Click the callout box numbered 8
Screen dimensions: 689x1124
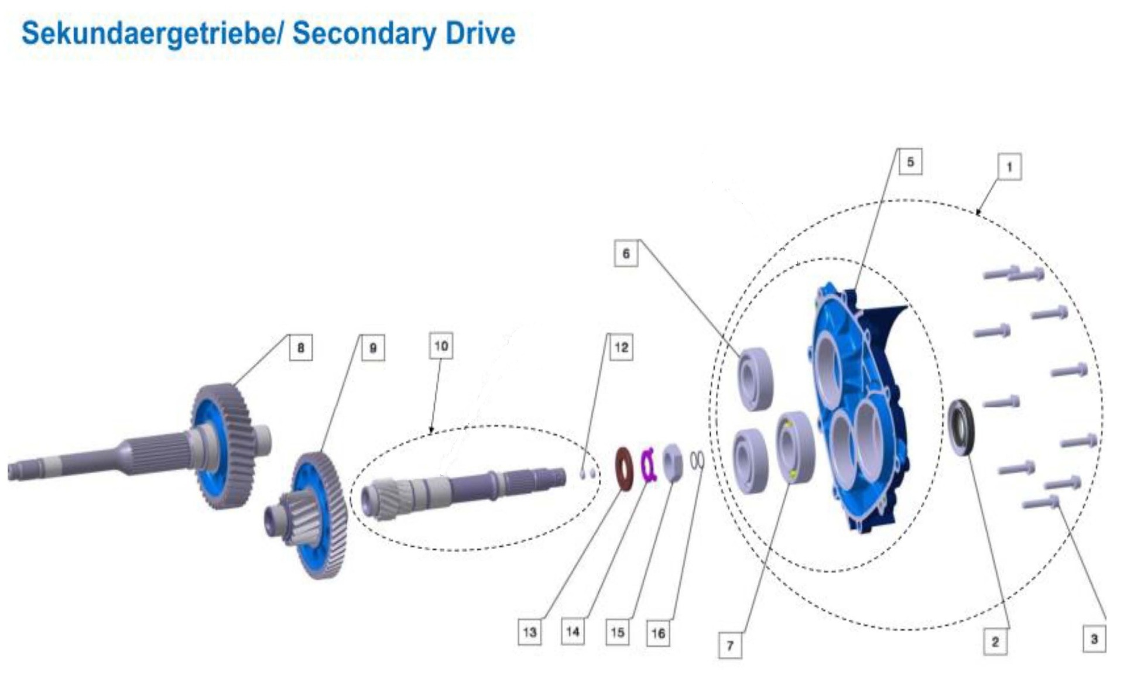pos(301,348)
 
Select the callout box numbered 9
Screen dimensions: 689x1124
pos(373,348)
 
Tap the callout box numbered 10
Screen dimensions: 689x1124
pos(441,346)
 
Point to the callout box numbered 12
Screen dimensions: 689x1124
pos(621,348)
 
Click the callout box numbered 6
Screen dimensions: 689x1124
pos(626,253)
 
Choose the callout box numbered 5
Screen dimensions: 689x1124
pos(910,162)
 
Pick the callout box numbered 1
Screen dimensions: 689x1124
pos(1009,167)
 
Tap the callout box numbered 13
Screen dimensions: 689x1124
pos(530,632)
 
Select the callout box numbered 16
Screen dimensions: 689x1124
pos(658,633)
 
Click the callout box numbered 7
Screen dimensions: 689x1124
pos(730,646)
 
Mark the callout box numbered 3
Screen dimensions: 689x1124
pos(1094,639)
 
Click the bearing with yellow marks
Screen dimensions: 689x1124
pos(795,447)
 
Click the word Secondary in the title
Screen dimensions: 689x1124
pos(364,33)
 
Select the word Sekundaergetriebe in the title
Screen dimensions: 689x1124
pos(149,33)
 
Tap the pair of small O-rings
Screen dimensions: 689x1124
pos(696,460)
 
